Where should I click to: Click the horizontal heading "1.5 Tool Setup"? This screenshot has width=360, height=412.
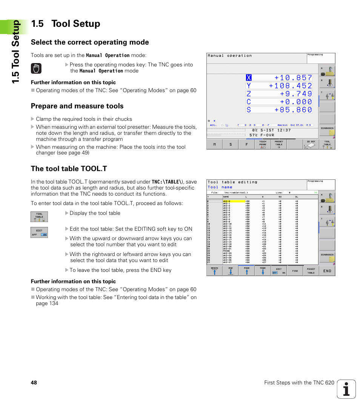(66, 24)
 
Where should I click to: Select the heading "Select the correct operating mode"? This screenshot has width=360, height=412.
(90, 42)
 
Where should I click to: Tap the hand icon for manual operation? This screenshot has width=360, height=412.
(36, 68)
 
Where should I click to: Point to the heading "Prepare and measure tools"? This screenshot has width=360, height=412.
(77, 106)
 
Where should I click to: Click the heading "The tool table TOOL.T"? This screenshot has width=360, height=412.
(69, 169)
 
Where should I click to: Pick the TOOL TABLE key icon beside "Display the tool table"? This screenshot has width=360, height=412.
(39, 217)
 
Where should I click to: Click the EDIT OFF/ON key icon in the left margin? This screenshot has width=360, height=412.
(39, 232)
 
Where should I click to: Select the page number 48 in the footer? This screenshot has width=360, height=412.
(34, 383)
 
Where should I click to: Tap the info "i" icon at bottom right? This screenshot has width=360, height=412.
(346, 389)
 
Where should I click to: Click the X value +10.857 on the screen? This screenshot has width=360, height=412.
(293, 78)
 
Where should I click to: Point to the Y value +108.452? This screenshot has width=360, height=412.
(291, 86)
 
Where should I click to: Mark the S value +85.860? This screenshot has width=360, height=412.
(293, 110)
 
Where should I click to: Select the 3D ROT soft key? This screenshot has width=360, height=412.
(311, 144)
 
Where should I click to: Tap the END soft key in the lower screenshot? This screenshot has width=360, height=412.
(327, 271)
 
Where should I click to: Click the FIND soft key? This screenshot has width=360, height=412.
(295, 271)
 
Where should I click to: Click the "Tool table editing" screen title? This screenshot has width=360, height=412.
(232, 182)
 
